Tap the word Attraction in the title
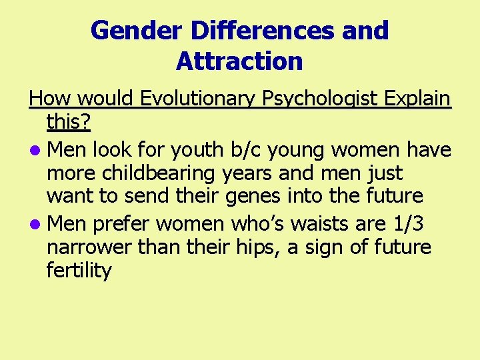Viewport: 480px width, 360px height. (239, 61)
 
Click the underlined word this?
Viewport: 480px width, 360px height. (69, 123)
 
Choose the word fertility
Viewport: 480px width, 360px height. (79, 271)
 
